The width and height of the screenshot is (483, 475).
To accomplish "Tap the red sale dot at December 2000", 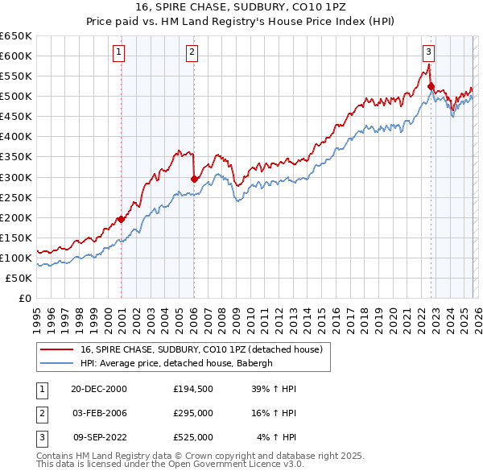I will click(122, 219).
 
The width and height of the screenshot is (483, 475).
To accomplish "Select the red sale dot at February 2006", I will click(194, 179).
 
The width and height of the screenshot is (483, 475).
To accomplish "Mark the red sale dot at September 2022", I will click(431, 86).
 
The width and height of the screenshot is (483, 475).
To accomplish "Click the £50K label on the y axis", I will click(19, 278).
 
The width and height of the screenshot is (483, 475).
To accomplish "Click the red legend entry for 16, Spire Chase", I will click(201, 349).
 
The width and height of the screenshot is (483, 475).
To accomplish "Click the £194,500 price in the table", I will click(193, 389).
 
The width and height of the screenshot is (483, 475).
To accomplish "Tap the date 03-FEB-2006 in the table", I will click(99, 413).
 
